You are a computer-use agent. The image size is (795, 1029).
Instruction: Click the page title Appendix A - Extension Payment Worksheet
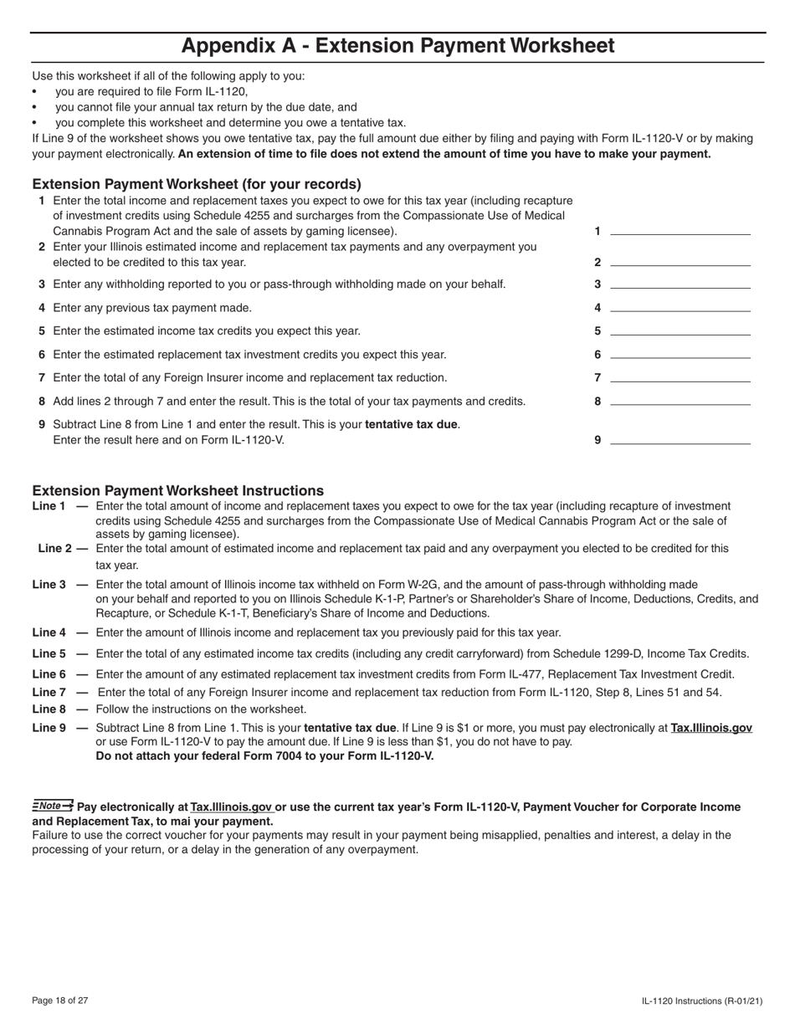(x=397, y=46)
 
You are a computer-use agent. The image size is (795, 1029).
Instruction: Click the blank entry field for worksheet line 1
(x=680, y=230)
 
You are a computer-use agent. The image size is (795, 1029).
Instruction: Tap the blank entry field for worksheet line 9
(x=680, y=439)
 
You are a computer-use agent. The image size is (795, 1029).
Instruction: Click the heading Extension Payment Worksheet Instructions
(x=177, y=491)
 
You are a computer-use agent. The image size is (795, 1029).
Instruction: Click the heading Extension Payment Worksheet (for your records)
(x=197, y=184)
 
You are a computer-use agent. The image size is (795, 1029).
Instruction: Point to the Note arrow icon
(x=53, y=806)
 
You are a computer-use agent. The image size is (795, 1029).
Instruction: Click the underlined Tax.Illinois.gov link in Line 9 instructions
(x=711, y=728)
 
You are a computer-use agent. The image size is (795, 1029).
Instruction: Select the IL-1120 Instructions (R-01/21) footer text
(x=702, y=1001)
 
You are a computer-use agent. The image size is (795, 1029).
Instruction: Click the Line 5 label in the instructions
(x=49, y=654)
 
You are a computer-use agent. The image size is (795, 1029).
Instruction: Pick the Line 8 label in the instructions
(x=49, y=709)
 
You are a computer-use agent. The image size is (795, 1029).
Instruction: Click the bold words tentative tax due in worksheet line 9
(x=412, y=424)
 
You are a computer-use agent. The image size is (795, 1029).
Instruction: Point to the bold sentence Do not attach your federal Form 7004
(x=264, y=756)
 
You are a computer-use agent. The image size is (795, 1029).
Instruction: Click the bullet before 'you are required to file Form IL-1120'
(x=34, y=93)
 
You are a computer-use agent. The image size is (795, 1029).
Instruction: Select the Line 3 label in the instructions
(x=49, y=585)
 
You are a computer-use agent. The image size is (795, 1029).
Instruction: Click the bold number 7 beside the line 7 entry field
(x=598, y=378)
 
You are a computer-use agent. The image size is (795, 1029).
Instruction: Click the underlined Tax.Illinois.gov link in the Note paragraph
(x=232, y=807)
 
